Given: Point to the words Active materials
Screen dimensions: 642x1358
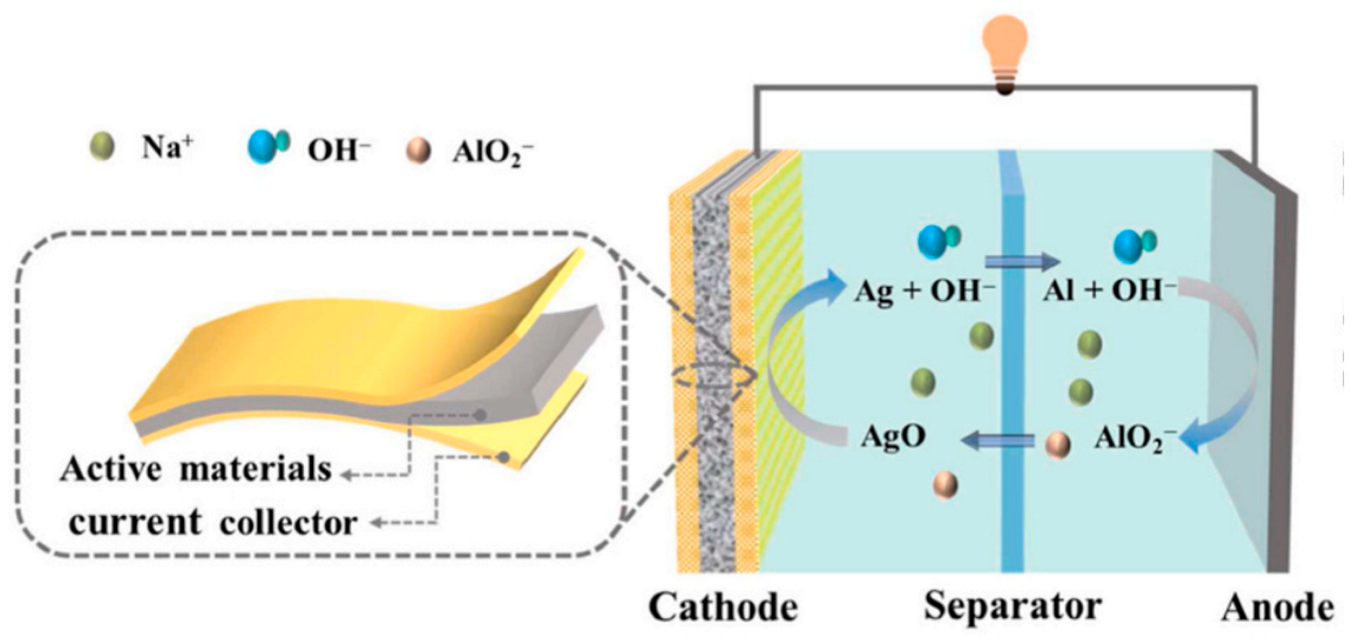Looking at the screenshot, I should [x=196, y=469].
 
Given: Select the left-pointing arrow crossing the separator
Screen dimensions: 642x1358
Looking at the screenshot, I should [x=996, y=439].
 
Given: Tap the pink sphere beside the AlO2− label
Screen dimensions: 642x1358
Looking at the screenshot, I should [x=1056, y=444].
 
